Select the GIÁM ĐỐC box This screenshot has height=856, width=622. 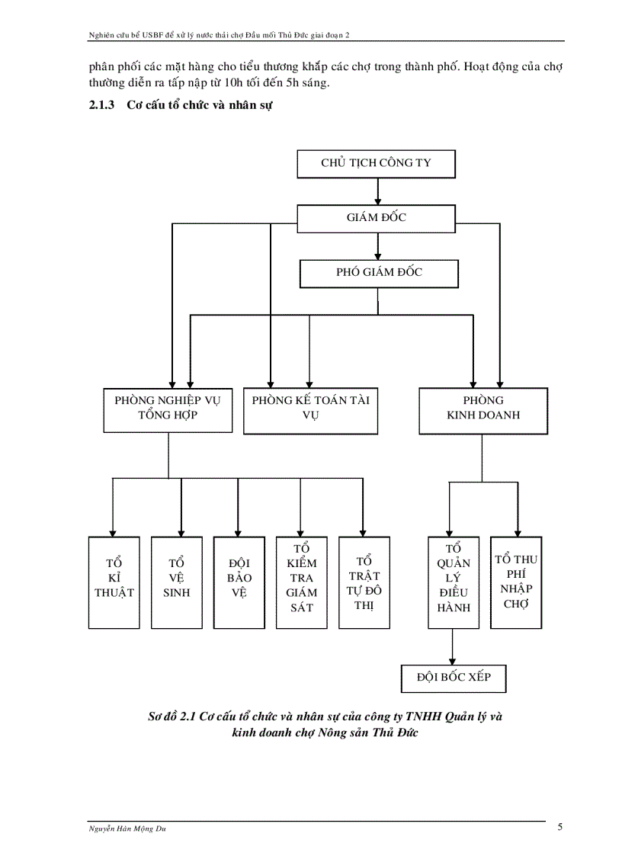[x=377, y=218]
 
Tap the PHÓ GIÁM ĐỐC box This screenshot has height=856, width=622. [x=379, y=273]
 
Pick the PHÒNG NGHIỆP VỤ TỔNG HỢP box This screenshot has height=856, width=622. [x=168, y=409]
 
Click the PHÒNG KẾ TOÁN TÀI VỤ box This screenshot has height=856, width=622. [x=310, y=410]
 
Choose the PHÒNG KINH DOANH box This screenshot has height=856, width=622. [x=483, y=409]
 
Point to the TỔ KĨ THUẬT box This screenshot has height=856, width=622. [x=114, y=582]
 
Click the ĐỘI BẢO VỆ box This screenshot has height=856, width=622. [x=239, y=582]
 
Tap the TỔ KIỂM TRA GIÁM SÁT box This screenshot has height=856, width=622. [x=300, y=582]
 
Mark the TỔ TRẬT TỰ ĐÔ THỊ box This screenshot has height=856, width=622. [x=364, y=582]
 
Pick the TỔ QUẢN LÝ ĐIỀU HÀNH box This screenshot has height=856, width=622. [x=454, y=582]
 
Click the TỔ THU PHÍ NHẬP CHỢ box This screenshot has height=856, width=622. [x=515, y=582]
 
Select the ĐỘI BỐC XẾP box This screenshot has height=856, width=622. [x=453, y=677]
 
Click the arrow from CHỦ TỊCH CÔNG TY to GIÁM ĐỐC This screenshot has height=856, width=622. [x=377, y=191]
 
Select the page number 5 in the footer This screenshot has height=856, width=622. [x=560, y=827]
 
